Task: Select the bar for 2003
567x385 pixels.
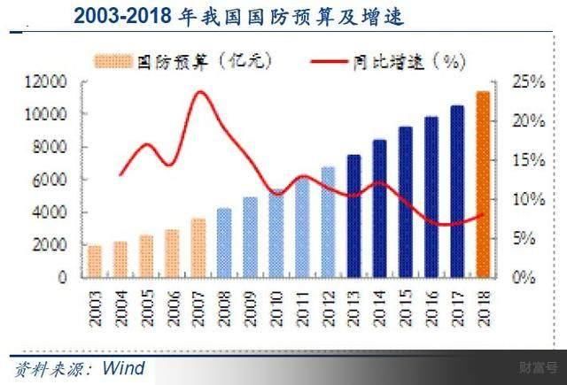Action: pyautogui.click(x=95, y=261)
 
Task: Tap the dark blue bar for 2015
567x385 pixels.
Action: pyautogui.click(x=405, y=202)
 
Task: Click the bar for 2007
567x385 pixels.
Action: pyautogui.click(x=198, y=248)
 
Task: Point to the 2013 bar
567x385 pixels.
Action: pyautogui.click(x=353, y=216)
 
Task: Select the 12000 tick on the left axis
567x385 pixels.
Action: pyautogui.click(x=47, y=82)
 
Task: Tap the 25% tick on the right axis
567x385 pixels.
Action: pyautogui.click(x=524, y=82)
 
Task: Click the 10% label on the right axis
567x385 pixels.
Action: pyautogui.click(x=524, y=199)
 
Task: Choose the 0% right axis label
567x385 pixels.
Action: pyautogui.click(x=523, y=277)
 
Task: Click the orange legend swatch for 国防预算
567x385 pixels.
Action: pyautogui.click(x=113, y=61)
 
